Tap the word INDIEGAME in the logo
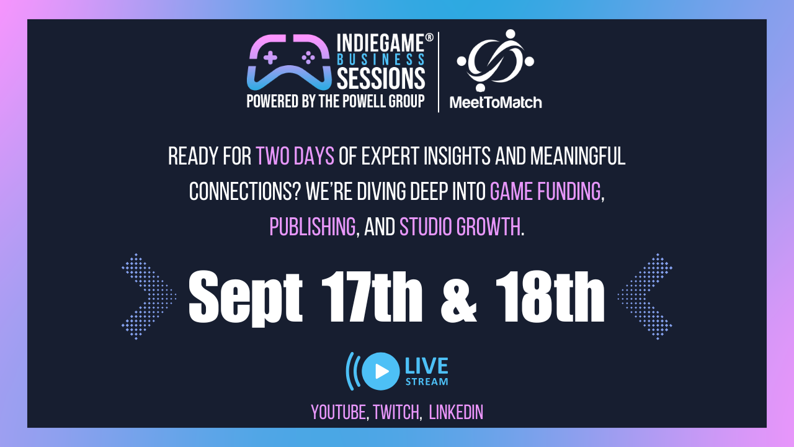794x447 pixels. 380,43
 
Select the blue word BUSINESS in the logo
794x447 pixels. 381,60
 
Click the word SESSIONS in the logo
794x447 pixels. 381,78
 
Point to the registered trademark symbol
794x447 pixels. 429,38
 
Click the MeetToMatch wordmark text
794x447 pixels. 496,102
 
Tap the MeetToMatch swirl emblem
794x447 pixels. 496,60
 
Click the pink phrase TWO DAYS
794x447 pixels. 295,156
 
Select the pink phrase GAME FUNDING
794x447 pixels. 545,191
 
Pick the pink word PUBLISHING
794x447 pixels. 312,227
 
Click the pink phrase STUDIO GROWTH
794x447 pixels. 460,227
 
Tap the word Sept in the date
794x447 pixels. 245,298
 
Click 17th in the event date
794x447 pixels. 372,297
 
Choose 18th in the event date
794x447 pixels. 550,297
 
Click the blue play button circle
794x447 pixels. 381,371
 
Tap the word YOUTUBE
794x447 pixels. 338,412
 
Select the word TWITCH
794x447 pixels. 396,412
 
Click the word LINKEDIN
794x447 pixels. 456,412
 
